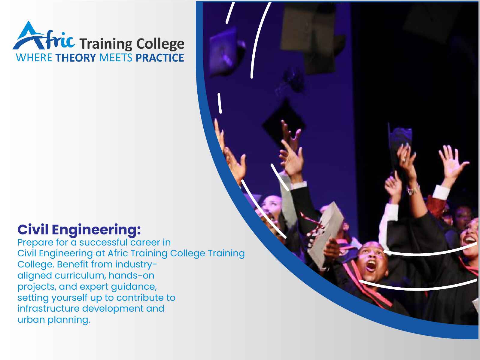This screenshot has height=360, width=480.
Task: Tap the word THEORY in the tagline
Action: tap(76, 58)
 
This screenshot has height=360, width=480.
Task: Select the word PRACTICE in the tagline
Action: tap(160, 58)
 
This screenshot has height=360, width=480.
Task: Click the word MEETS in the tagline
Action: tap(116, 58)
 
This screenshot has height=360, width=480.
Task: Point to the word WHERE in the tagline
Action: tap(34, 58)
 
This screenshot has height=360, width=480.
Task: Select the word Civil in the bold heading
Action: tap(33, 230)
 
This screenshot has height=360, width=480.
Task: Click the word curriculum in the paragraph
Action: tap(80, 275)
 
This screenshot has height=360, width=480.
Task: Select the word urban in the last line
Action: tap(31, 319)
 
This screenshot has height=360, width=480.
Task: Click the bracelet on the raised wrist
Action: tap(413, 189)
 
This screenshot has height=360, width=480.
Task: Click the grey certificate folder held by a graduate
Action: tap(326, 235)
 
